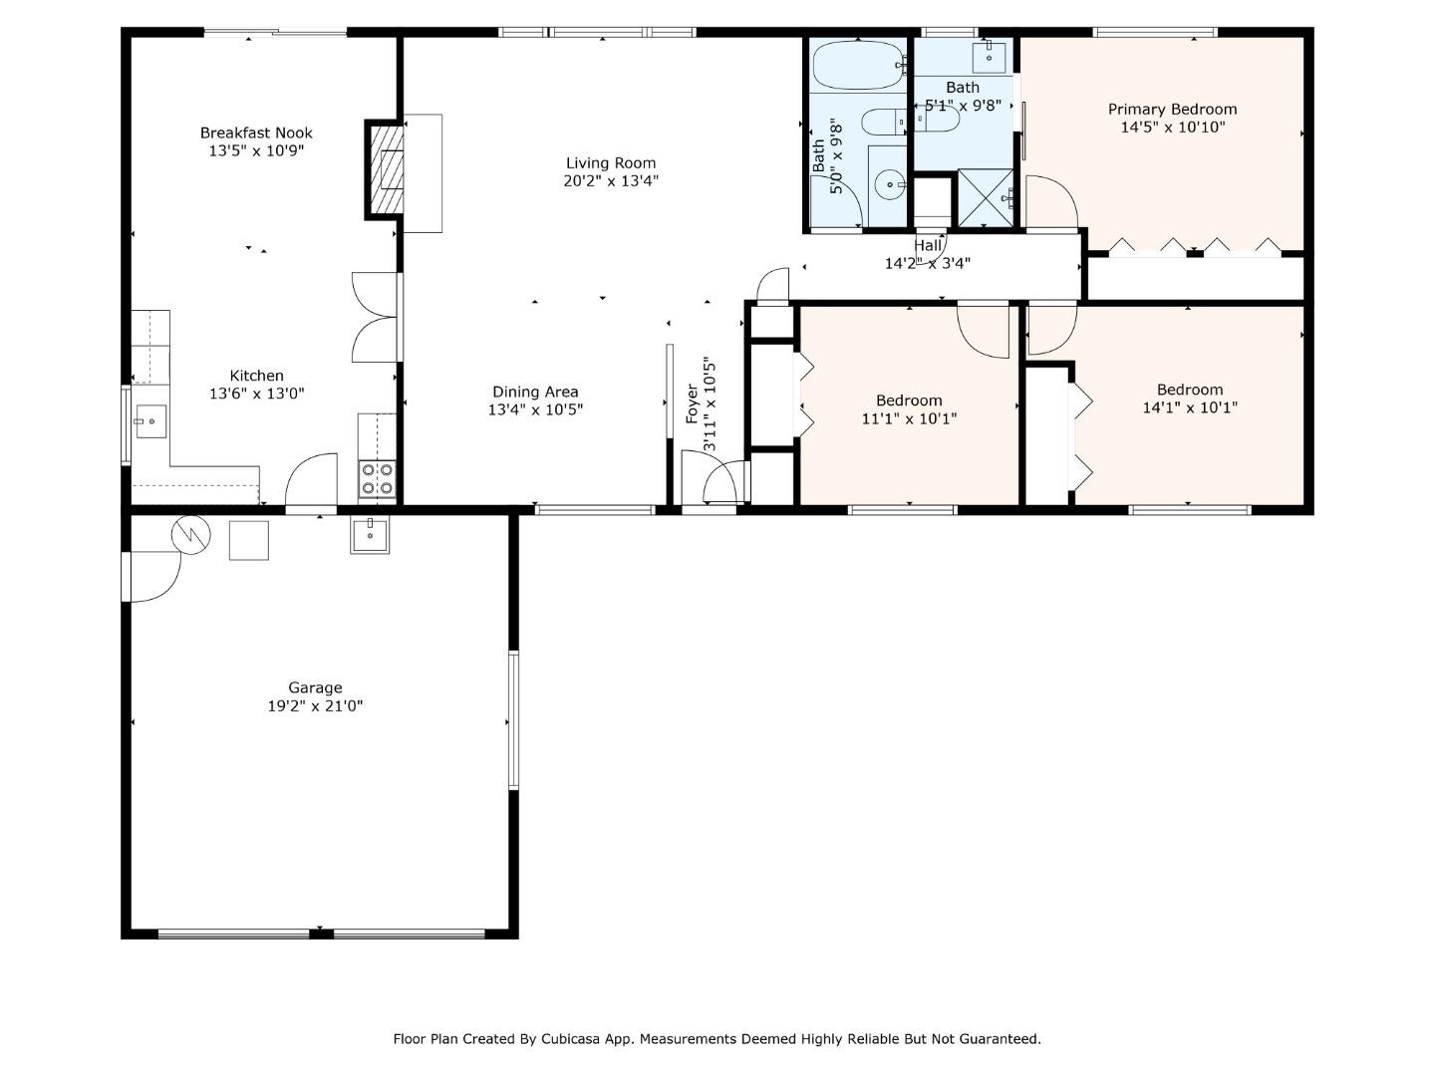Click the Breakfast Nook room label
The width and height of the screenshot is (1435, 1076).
pyautogui.click(x=256, y=133)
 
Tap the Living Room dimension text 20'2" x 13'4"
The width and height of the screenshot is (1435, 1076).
pyautogui.click(x=610, y=181)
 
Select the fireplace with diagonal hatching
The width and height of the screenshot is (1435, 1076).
pyautogui.click(x=385, y=170)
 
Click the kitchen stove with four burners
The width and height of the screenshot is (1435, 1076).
pyautogui.click(x=377, y=478)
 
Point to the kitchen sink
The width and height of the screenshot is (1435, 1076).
pyautogui.click(x=150, y=422)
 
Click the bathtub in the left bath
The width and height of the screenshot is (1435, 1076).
pyautogui.click(x=857, y=66)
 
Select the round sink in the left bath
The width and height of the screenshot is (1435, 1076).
pyautogui.click(x=888, y=183)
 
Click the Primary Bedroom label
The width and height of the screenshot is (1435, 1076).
pyautogui.click(x=1172, y=109)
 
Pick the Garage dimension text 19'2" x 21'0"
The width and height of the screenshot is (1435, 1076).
pyautogui.click(x=315, y=706)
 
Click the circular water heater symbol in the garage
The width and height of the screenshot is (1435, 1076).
pyautogui.click(x=190, y=535)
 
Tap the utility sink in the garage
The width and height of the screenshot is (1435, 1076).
pyautogui.click(x=370, y=535)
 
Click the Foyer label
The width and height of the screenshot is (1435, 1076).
pyautogui.click(x=693, y=403)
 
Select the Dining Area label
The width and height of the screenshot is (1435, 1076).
pyautogui.click(x=535, y=392)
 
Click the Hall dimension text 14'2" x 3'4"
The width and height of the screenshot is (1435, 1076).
pyautogui.click(x=927, y=264)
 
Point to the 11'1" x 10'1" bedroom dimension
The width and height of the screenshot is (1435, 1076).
pyautogui.click(x=909, y=418)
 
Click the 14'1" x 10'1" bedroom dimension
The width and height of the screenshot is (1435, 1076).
pyautogui.click(x=1189, y=407)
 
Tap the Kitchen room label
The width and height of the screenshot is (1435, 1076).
pyautogui.click(x=256, y=376)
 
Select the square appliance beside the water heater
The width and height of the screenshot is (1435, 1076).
pyautogui.click(x=249, y=540)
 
